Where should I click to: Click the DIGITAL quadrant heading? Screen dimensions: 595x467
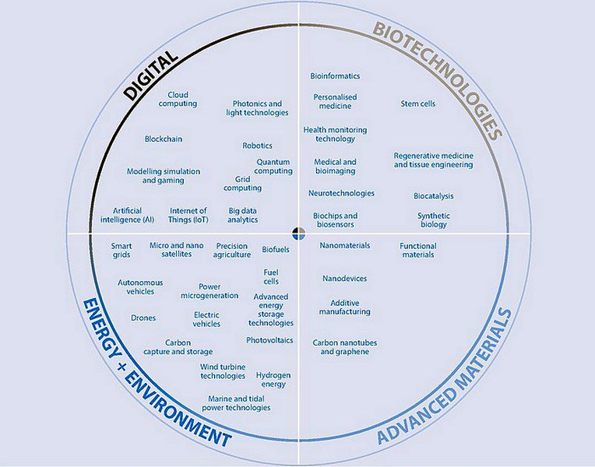coord(153,76)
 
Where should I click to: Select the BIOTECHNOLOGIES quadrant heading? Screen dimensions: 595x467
coord(437,79)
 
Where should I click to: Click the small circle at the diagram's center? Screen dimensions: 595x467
coord(298,233)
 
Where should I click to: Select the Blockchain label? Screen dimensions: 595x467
coord(164,139)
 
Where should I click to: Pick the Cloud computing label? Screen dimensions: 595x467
coord(178,99)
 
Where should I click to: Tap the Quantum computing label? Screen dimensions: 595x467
coord(273,167)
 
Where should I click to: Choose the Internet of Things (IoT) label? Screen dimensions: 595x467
coord(188,215)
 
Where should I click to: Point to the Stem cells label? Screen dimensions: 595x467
coord(418,104)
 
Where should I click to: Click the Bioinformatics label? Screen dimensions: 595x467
coord(335,76)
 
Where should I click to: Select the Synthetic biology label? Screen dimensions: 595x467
coord(434,220)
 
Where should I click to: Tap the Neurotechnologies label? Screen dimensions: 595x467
coord(341,193)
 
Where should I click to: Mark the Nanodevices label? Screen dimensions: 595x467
coord(344,279)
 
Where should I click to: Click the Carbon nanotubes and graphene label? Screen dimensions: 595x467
coord(341,346)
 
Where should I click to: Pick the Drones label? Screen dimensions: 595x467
coord(143,318)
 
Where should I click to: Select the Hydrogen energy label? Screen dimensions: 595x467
coord(273,379)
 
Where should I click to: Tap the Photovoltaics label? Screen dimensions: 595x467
coord(269,340)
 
